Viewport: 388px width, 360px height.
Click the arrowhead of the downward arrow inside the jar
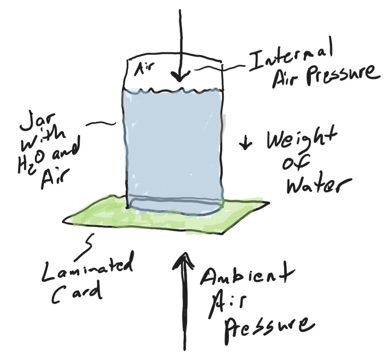tap(180, 77)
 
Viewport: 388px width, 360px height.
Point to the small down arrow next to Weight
tap(245, 143)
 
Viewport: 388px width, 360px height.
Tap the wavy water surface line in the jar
tap(173, 90)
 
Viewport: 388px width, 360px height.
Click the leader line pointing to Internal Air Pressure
tap(220, 68)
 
